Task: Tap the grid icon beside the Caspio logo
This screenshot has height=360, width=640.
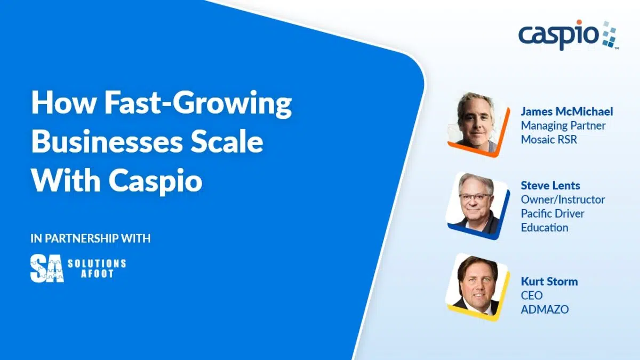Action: pos(609,34)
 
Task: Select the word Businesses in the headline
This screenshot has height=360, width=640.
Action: pos(107,142)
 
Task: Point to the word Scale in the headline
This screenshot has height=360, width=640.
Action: pos(227,142)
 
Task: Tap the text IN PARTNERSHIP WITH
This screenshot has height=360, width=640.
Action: pos(90,238)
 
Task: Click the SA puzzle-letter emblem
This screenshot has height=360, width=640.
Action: pos(47,268)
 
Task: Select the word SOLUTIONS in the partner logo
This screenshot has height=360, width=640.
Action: pos(97,263)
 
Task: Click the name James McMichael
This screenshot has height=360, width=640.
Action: pos(567,111)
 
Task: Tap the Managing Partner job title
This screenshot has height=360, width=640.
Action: pos(563,125)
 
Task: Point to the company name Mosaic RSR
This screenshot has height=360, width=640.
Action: pos(549,139)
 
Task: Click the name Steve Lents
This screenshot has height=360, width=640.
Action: pos(550,186)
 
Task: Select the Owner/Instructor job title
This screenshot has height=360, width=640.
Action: pos(563,199)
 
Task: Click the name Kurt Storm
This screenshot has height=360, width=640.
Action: pos(549,282)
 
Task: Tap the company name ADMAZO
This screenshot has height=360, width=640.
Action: pos(545,309)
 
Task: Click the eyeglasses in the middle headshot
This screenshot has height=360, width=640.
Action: pos(475,197)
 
